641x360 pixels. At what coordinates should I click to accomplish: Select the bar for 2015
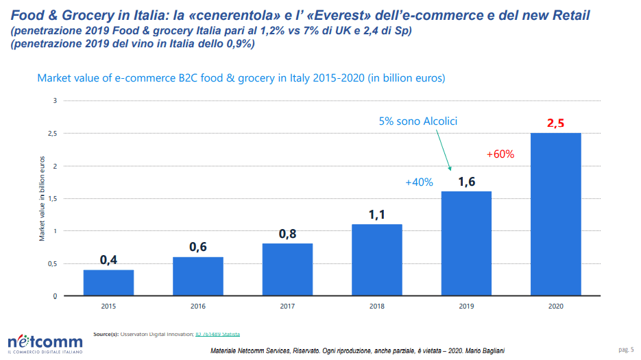pyautogui.click(x=108, y=283)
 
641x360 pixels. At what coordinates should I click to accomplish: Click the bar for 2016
pyautogui.click(x=197, y=276)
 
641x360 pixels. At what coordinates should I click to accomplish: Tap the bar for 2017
pyautogui.click(x=287, y=269)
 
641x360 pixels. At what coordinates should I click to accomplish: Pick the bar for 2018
pyautogui.click(x=376, y=260)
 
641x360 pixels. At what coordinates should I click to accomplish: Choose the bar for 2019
pyautogui.click(x=466, y=243)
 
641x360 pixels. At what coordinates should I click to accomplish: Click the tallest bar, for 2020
pyautogui.click(x=555, y=214)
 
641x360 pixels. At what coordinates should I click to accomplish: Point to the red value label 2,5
pyautogui.click(x=555, y=123)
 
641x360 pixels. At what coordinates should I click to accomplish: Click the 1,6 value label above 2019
pyautogui.click(x=466, y=182)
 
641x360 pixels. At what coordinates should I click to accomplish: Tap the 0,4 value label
pyautogui.click(x=108, y=260)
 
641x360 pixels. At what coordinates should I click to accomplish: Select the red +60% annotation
pyautogui.click(x=500, y=154)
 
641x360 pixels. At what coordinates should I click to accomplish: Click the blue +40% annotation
pyautogui.click(x=419, y=182)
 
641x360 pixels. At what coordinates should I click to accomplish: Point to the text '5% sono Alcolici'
pyautogui.click(x=418, y=121)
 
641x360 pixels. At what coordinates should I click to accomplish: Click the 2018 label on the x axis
pyautogui.click(x=376, y=306)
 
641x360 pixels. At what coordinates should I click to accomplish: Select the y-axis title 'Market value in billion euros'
pyautogui.click(x=42, y=198)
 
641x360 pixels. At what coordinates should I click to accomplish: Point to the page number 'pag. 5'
pyautogui.click(x=625, y=350)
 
